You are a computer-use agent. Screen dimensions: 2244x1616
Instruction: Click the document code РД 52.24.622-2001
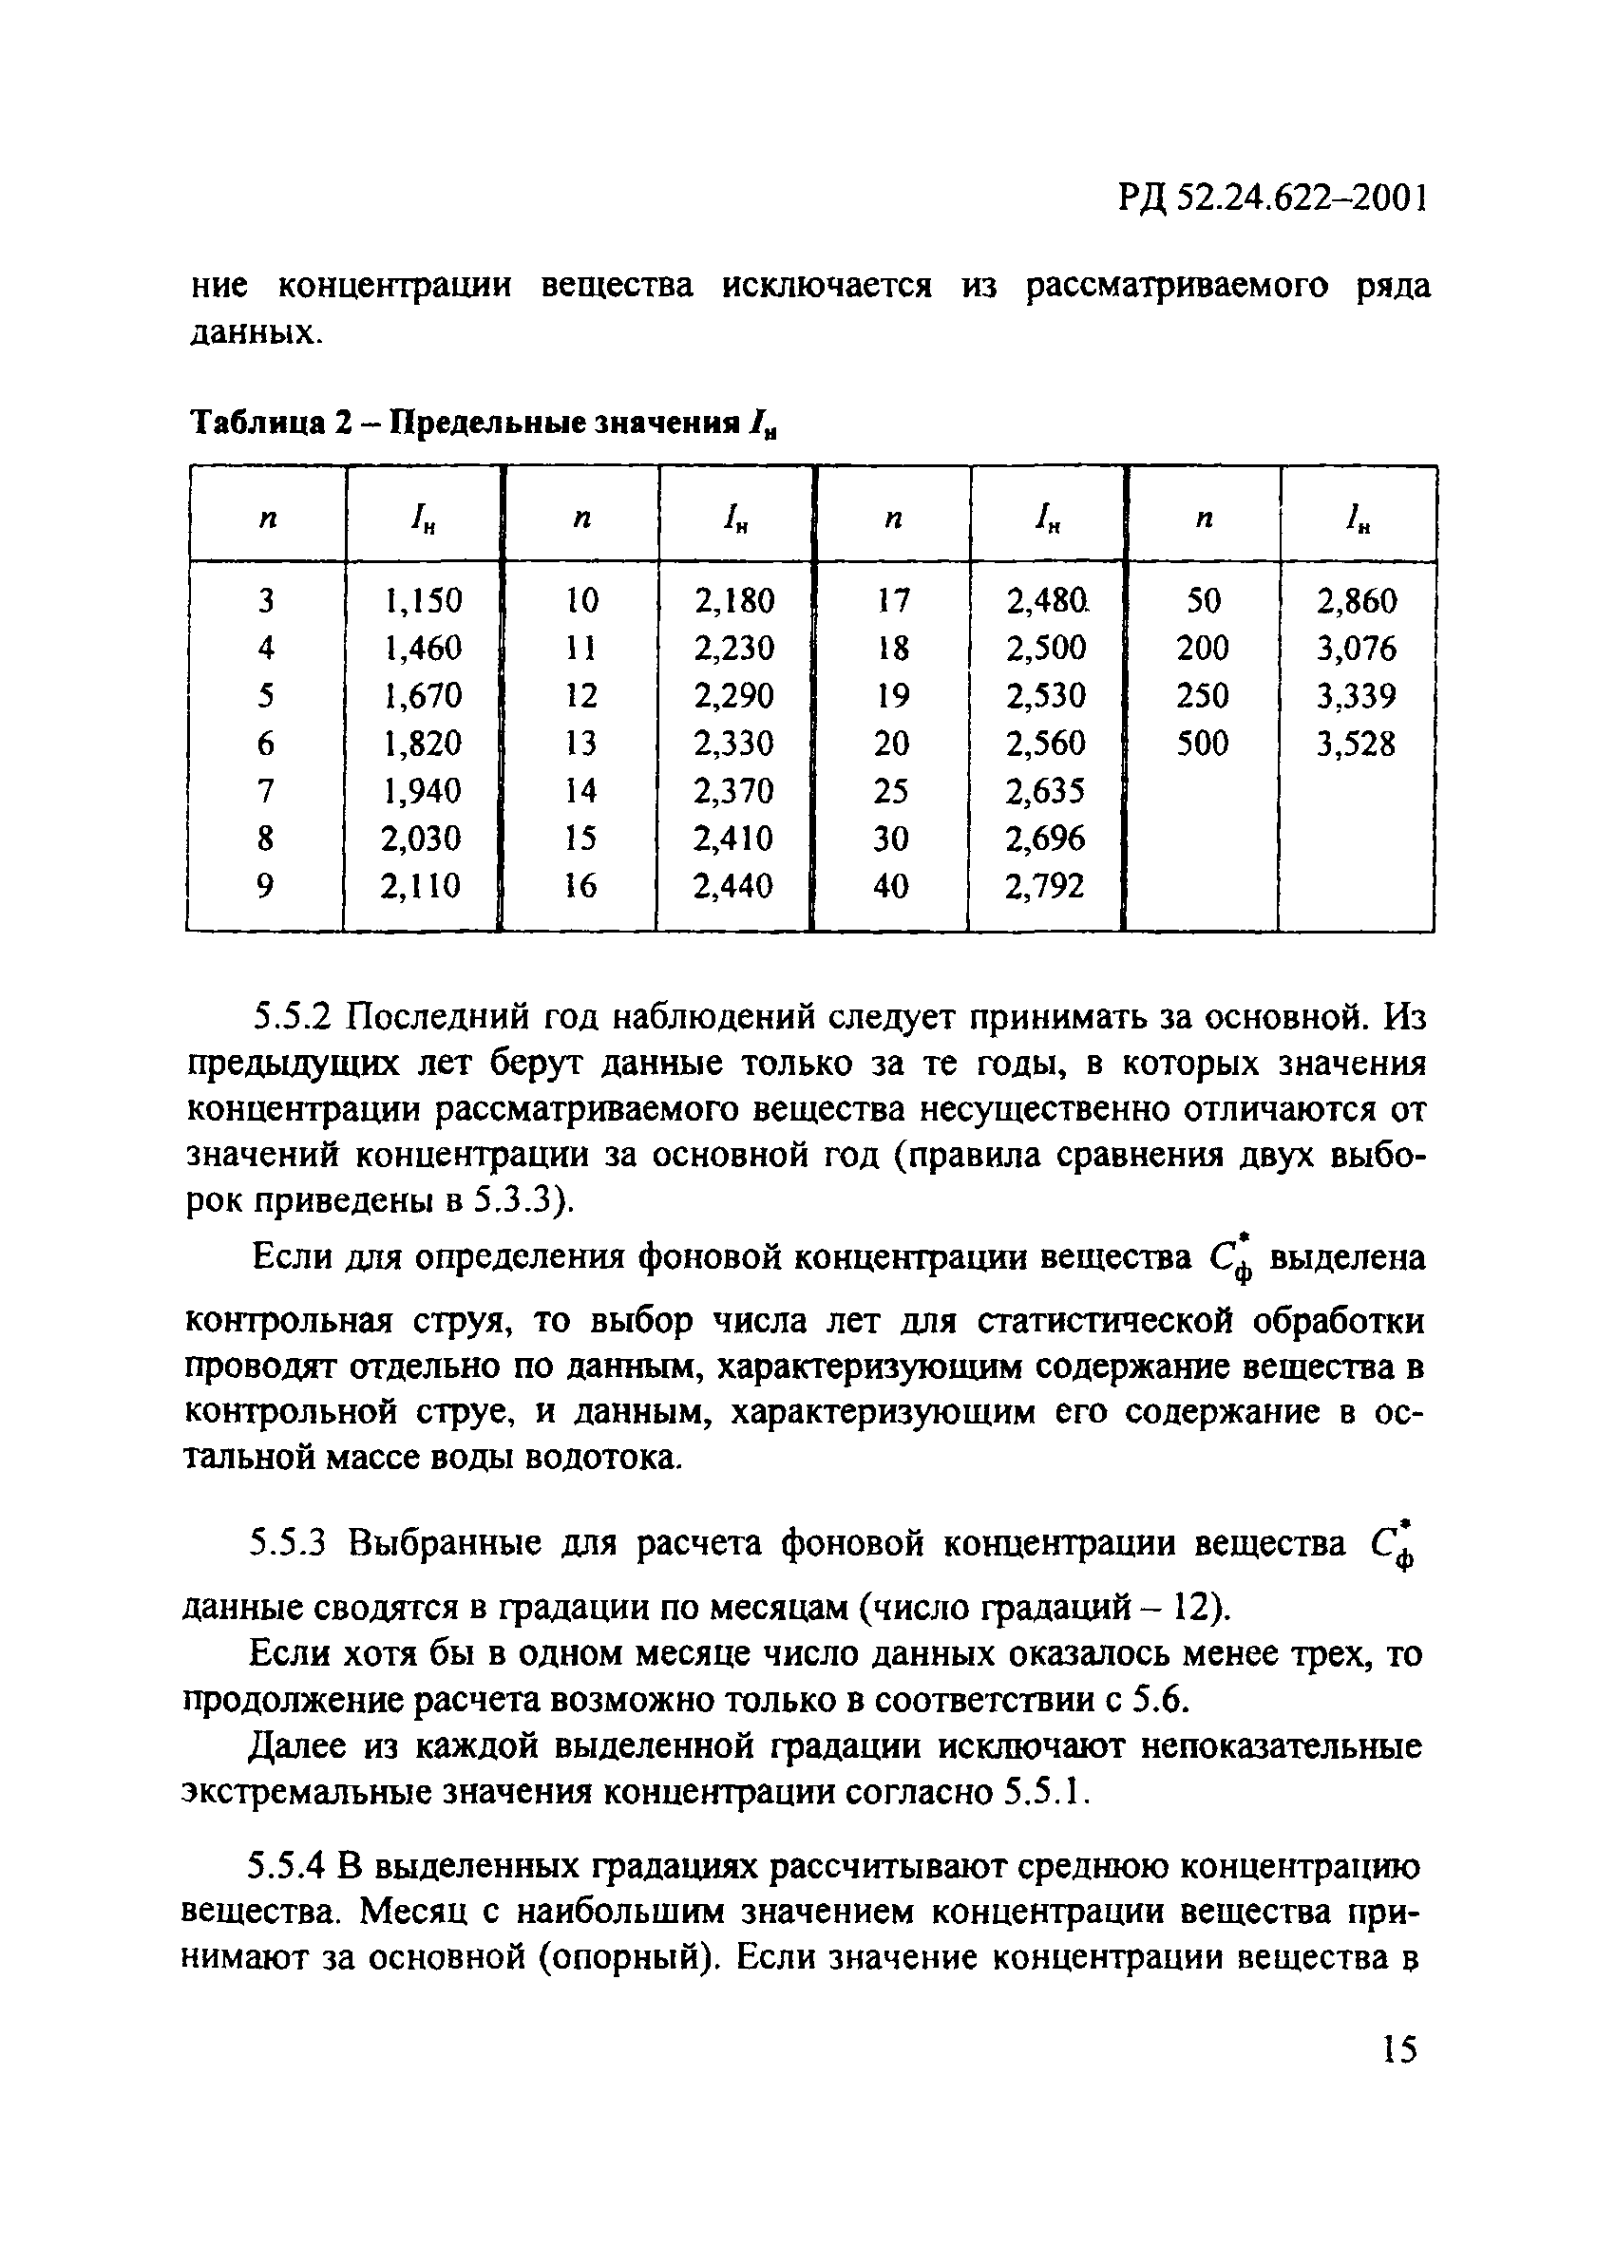point(1273,199)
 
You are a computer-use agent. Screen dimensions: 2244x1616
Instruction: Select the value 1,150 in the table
point(423,600)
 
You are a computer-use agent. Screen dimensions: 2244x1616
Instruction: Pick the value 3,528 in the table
point(1356,743)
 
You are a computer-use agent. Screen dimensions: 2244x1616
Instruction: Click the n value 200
point(1203,648)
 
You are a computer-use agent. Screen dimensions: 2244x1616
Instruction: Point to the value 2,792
point(1045,885)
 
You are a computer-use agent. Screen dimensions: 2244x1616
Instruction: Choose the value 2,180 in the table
point(734,600)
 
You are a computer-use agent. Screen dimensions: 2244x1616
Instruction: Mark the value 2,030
point(422,838)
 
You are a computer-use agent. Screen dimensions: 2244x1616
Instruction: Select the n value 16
point(580,885)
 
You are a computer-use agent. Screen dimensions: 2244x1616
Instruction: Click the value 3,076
point(1356,648)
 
